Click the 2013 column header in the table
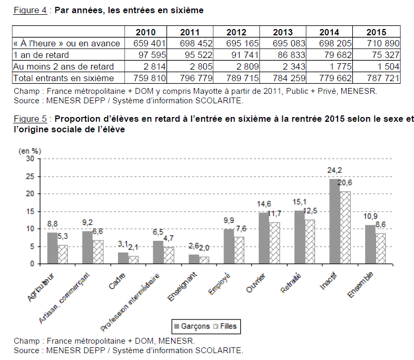coord(283,32)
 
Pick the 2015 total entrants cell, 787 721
coord(376,78)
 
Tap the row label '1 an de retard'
coord(42,55)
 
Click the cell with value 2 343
coord(283,66)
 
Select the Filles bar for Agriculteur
coord(63,254)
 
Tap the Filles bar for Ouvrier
coord(274,243)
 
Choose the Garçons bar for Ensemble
coord(370,244)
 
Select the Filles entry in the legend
coord(225,326)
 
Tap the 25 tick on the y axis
coord(31,176)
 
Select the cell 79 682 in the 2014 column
coord(329,55)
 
